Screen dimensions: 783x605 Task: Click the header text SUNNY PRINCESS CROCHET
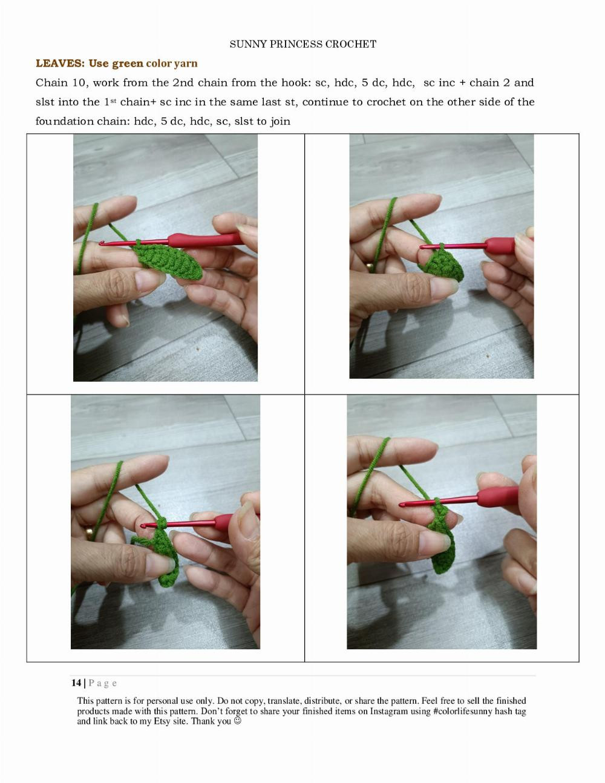(x=302, y=44)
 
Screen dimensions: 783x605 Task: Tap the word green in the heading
(x=127, y=64)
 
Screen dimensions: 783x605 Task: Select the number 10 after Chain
(x=79, y=83)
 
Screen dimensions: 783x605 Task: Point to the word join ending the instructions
(x=280, y=121)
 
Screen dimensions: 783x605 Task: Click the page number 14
(x=76, y=683)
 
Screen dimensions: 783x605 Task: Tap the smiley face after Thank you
(x=237, y=721)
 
